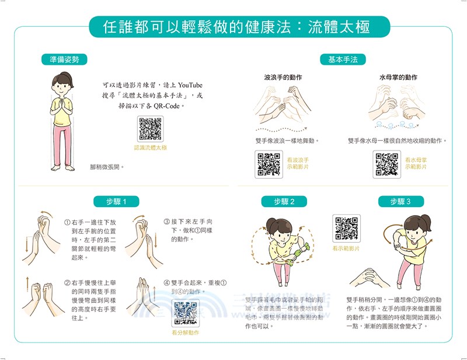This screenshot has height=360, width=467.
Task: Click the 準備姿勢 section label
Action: tap(64, 60)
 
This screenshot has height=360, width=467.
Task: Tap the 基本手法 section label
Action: tap(343, 60)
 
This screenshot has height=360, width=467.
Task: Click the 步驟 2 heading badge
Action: tap(284, 201)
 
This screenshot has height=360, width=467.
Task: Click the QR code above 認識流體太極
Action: tap(150, 129)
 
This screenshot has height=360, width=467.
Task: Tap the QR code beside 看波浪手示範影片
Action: tap(269, 164)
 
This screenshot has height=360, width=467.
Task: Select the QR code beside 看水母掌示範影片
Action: tap(386, 164)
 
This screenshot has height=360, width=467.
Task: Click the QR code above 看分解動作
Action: tap(185, 313)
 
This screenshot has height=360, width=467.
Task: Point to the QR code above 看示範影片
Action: tap(346, 229)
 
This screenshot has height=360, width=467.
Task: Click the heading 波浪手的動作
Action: tap(283, 77)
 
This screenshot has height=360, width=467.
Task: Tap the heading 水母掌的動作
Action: tap(398, 77)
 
